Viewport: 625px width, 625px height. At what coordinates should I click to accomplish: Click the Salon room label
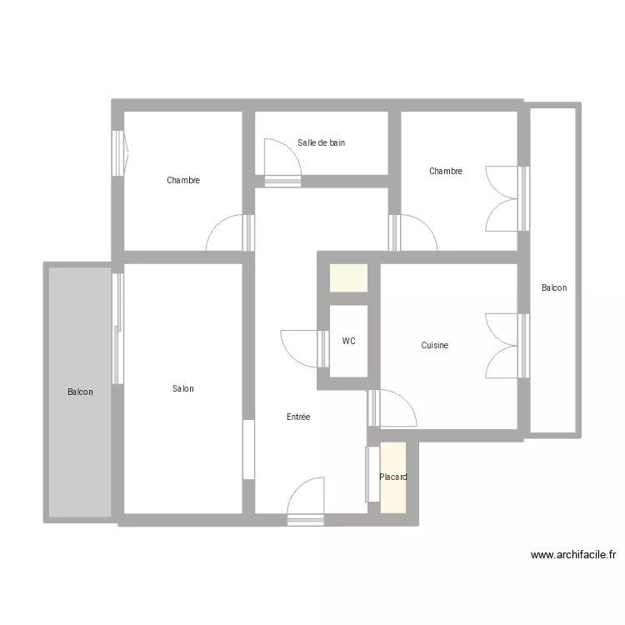click(183, 388)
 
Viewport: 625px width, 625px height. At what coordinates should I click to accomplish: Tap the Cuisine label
click(434, 345)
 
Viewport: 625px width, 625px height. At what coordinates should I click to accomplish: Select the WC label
click(349, 341)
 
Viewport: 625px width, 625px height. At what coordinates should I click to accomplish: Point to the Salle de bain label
click(322, 142)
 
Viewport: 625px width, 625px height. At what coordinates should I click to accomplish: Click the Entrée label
click(298, 417)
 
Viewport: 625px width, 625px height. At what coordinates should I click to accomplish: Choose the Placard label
click(393, 477)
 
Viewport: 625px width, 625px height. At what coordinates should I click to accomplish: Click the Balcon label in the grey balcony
click(80, 392)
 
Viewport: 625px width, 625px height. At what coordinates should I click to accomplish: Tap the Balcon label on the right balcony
click(554, 287)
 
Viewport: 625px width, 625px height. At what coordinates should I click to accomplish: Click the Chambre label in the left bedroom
click(183, 180)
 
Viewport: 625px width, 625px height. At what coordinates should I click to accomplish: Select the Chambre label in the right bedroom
click(446, 171)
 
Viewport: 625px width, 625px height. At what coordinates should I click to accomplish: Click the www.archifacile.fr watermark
click(573, 554)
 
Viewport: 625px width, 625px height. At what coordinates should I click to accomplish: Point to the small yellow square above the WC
click(348, 277)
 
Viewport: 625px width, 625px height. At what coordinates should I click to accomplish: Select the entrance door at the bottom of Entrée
click(305, 502)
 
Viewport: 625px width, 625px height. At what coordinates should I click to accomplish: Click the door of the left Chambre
click(230, 232)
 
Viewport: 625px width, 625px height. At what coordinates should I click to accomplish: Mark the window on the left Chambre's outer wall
click(118, 153)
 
